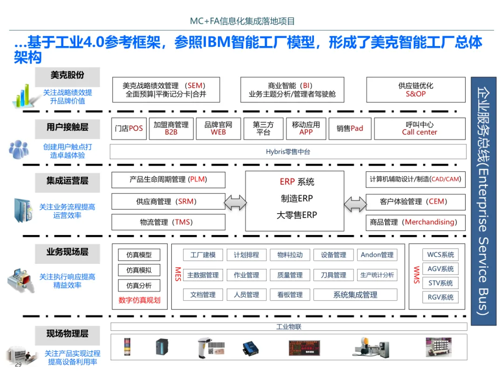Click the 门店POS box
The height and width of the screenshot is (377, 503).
click(129, 128)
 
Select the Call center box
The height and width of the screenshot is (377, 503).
click(420, 128)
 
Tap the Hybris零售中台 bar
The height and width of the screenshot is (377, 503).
click(288, 152)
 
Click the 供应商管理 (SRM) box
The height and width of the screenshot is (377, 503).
click(168, 202)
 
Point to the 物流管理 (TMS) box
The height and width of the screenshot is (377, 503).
click(168, 222)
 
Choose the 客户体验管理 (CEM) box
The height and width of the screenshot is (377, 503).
click(415, 202)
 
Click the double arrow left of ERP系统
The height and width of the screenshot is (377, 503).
click(235, 202)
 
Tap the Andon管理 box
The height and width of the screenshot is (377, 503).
click(377, 255)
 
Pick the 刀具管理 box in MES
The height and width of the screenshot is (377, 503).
click(333, 275)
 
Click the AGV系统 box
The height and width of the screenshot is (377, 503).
click(441, 269)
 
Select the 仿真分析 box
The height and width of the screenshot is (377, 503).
click(139, 285)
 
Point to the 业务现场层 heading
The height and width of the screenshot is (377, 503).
click(68, 252)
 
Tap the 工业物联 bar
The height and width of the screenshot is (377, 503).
click(289, 327)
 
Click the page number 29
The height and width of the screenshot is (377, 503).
click(18, 364)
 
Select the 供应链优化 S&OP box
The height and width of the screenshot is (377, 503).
click(415, 90)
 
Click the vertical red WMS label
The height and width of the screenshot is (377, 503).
click(416, 272)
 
